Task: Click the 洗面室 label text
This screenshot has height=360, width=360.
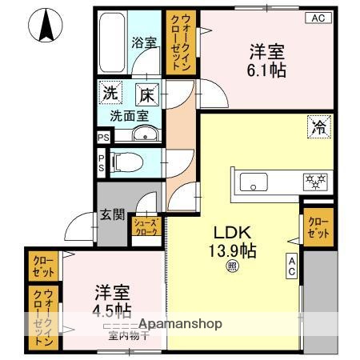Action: [x=130, y=115]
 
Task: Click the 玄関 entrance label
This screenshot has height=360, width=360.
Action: [x=111, y=214]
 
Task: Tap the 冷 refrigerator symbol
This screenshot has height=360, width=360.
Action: [x=318, y=125]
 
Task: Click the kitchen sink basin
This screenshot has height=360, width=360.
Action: [x=254, y=182]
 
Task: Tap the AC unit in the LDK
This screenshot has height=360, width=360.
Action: [x=292, y=266]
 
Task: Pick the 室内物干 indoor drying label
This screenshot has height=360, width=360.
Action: [x=118, y=335]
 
